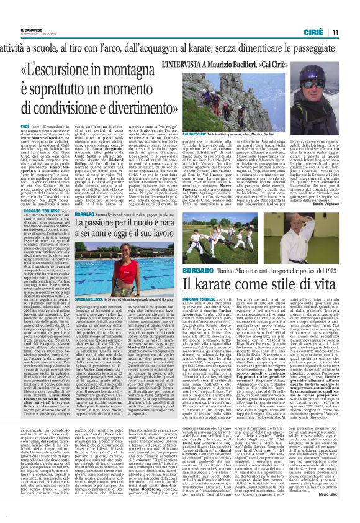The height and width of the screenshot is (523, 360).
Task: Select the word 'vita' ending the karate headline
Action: point(325,267)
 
